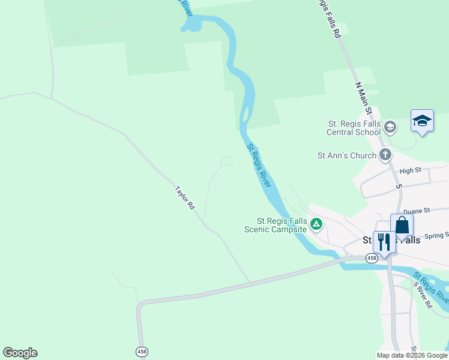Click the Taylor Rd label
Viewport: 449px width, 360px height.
185,197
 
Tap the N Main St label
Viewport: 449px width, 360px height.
364,98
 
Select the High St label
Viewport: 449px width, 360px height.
410,171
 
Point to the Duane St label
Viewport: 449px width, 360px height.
417,211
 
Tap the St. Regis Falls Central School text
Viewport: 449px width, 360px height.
354,127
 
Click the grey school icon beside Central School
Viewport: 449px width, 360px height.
390,126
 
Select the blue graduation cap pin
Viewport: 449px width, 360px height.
422,121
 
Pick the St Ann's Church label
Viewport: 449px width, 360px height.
347,155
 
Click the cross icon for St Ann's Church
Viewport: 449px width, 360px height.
385,155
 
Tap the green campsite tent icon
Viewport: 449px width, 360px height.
316,225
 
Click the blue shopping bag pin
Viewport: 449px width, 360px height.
402,226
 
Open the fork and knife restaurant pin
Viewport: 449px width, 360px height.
384,242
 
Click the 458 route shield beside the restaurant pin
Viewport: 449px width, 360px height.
372,257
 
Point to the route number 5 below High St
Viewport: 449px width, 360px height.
398,187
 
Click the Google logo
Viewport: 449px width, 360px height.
20,353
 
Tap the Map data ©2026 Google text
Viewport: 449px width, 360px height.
412,355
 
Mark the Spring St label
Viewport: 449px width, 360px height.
436,236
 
